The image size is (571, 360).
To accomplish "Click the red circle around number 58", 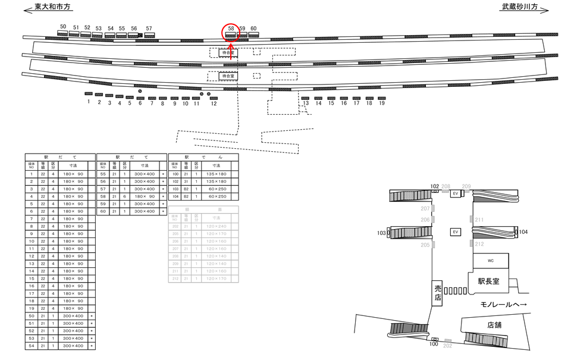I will point(231,32).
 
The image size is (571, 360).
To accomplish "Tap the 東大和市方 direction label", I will point(52,8).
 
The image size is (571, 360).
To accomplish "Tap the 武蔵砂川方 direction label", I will point(520,8).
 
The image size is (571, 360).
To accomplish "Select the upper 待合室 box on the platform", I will point(227,52).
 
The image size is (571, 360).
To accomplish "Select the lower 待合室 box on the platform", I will point(227,76).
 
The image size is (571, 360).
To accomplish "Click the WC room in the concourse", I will point(491,261).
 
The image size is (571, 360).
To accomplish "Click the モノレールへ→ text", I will point(503,305).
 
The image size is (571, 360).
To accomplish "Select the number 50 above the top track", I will point(63,27).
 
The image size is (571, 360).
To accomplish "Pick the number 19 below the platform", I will point(382,103).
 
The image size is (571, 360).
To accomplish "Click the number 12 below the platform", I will point(214,104).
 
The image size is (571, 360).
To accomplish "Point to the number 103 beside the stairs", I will point(381,233).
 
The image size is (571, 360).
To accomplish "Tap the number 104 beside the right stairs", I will point(523,231).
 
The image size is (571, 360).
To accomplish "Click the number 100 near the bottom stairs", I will point(434,345).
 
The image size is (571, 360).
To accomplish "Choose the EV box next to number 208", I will point(456,193).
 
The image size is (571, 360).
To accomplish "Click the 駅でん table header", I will point(203,157).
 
